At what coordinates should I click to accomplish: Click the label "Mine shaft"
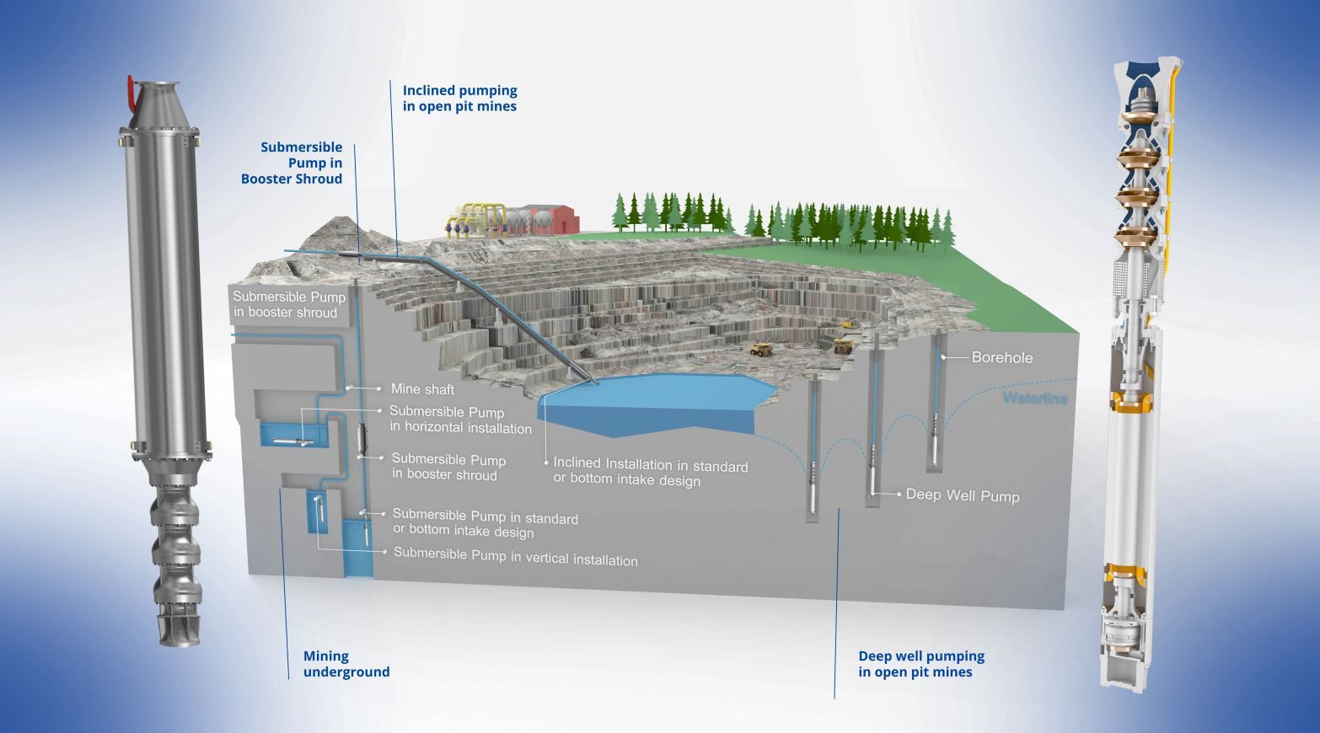pyautogui.click(x=422, y=389)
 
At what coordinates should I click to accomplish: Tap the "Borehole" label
pyautogui.click(x=1001, y=357)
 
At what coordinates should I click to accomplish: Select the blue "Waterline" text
pyautogui.click(x=1034, y=398)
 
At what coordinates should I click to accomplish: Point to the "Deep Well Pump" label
pyautogui.click(x=962, y=495)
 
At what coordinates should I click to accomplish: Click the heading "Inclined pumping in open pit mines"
pyautogui.click(x=459, y=98)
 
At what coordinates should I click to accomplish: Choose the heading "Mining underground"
pyautogui.click(x=346, y=664)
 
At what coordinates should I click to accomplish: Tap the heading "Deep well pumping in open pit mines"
pyautogui.click(x=920, y=664)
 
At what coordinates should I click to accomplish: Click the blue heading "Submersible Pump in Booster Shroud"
pyautogui.click(x=292, y=163)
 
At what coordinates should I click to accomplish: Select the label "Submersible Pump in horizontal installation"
pyautogui.click(x=460, y=420)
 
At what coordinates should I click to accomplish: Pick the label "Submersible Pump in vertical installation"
pyautogui.click(x=515, y=557)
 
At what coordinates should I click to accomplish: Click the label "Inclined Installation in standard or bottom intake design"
pyautogui.click(x=650, y=472)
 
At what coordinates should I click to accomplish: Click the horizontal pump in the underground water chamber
pyautogui.click(x=289, y=440)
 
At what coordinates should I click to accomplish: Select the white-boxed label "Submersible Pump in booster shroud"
pyautogui.click(x=288, y=304)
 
